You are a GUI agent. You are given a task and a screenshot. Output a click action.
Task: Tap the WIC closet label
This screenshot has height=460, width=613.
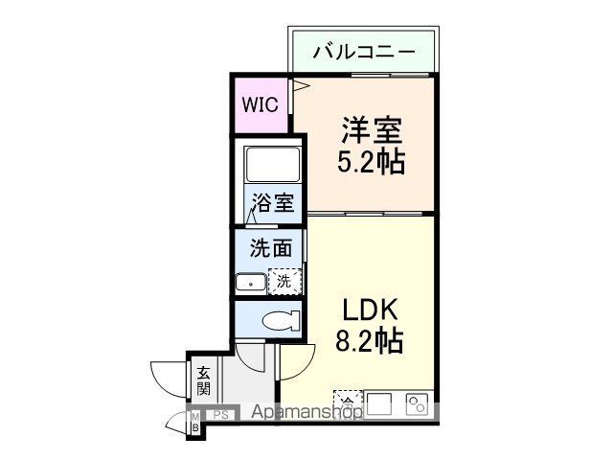(x=260, y=104)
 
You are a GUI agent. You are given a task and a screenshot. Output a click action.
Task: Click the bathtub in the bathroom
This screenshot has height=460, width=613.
(x=273, y=164)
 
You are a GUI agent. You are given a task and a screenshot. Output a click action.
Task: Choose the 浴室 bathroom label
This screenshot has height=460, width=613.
(x=273, y=203)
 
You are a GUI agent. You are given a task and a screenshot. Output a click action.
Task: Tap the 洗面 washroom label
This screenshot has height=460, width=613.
(x=270, y=249)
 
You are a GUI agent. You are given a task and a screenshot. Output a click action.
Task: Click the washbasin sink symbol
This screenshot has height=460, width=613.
(x=251, y=283)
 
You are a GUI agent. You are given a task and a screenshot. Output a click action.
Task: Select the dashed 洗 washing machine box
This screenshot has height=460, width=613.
(x=284, y=282)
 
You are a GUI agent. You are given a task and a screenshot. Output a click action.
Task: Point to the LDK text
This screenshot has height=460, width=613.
(x=369, y=310)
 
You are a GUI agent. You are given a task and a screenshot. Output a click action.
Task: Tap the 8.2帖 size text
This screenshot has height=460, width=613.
(x=369, y=340)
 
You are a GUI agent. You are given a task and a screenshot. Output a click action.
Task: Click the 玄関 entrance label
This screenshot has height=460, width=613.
(x=204, y=380)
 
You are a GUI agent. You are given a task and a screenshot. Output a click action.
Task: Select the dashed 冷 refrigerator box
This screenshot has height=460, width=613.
(x=348, y=401)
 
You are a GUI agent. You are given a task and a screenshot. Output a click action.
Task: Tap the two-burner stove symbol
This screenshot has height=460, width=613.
(x=418, y=403)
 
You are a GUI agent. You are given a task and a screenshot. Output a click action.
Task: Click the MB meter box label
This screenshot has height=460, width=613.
(x=195, y=422)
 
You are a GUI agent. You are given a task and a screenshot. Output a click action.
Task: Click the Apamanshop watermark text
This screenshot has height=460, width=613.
(x=306, y=413)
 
